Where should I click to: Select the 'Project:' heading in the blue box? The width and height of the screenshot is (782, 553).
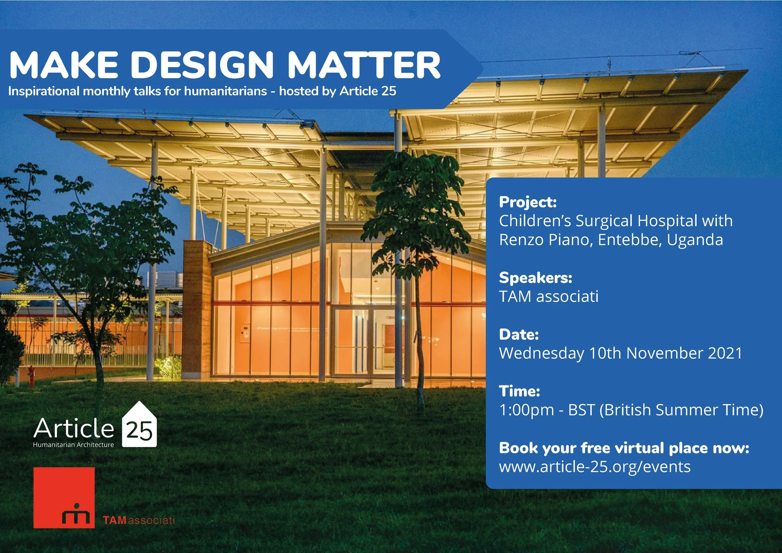(x=528, y=202)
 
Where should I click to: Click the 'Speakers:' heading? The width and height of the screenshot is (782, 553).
(x=536, y=278)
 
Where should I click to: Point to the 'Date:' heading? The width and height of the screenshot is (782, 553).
(x=519, y=334)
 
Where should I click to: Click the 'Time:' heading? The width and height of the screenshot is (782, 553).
(x=519, y=391)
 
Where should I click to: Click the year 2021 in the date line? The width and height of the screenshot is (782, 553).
(x=725, y=353)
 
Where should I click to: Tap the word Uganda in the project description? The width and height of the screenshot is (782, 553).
(x=695, y=240)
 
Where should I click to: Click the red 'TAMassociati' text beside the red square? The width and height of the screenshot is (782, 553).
(x=139, y=520)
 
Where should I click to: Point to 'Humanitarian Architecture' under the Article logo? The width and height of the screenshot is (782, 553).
(x=73, y=445)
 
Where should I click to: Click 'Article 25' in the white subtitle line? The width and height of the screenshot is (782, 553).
(x=368, y=91)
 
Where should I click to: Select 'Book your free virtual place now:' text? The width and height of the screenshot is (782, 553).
(x=624, y=448)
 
